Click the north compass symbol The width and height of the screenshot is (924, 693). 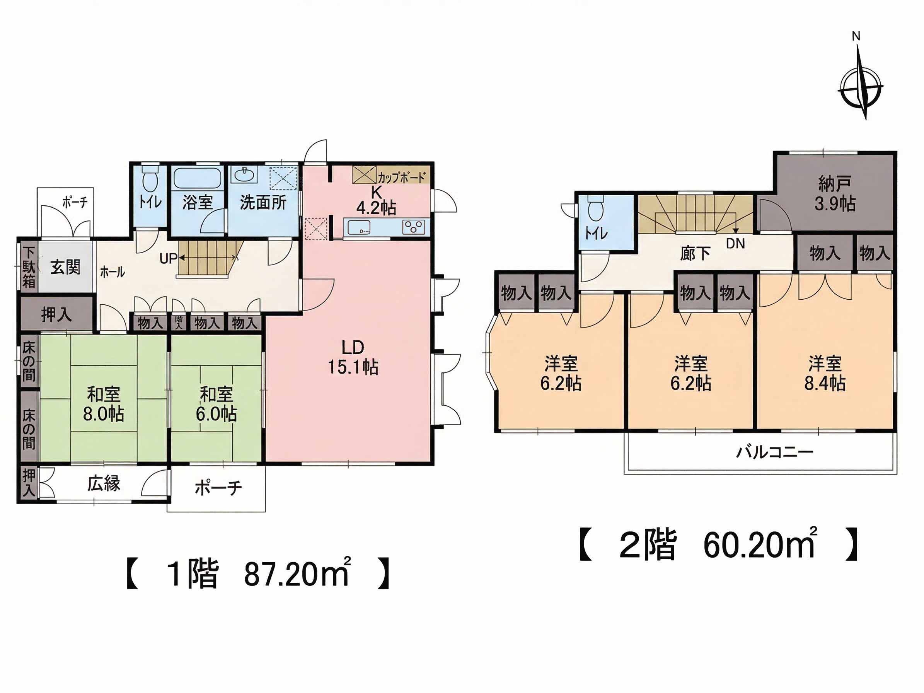click(861, 88)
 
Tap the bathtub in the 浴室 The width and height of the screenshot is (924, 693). click(196, 178)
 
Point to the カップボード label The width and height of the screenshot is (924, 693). click(401, 178)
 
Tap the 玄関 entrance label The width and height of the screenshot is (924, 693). click(66, 267)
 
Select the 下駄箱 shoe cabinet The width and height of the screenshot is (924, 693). click(29, 267)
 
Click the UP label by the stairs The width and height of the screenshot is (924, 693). click(168, 259)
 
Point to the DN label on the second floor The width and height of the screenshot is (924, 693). click(735, 244)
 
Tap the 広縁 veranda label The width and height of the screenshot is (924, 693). click(104, 483)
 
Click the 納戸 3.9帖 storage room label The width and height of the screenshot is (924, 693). click(835, 194)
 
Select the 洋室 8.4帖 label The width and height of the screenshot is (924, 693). click(825, 374)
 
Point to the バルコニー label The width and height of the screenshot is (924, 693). click(775, 452)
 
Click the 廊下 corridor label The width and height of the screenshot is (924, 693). click(695, 253)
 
